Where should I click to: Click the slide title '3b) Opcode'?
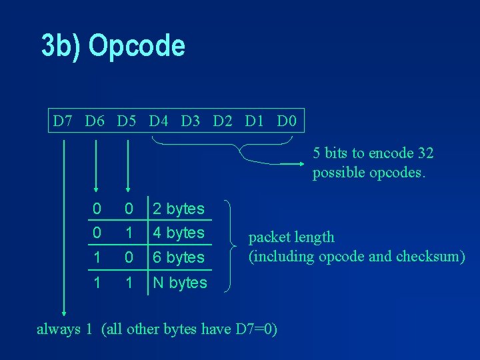[113, 46]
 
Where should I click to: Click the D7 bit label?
[63, 121]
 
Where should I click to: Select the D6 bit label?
[95, 121]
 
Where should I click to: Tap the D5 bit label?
[127, 121]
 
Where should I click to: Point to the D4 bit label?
[159, 121]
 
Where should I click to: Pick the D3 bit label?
[191, 121]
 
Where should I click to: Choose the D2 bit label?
[223, 121]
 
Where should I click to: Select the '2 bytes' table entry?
[179, 209]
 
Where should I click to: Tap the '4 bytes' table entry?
[179, 233]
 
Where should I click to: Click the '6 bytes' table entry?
[179, 257]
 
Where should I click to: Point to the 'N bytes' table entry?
[180, 283]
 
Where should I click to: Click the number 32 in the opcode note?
[425, 153]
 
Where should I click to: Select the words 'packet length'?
[291, 237]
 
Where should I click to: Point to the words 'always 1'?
[64, 329]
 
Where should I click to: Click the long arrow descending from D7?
[64, 227]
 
